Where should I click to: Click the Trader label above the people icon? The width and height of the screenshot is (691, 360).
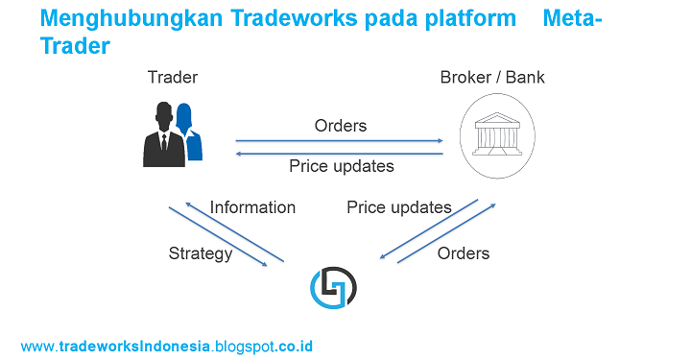click(172, 77)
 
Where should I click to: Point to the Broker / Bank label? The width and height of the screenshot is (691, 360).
click(491, 77)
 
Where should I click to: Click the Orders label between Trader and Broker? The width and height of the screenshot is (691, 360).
click(341, 126)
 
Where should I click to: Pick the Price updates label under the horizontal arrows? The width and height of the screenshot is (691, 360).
click(341, 166)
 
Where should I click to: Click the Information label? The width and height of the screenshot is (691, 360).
click(252, 207)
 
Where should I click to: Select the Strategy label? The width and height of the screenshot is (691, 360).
click(200, 253)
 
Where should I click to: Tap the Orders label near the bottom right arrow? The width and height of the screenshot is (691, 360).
click(464, 253)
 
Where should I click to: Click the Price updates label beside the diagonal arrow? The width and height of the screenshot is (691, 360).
click(398, 207)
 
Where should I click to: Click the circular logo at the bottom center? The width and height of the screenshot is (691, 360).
click(333, 285)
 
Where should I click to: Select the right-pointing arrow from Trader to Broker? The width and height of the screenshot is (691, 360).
click(339, 140)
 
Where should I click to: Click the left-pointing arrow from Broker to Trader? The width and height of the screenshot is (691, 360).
click(339, 153)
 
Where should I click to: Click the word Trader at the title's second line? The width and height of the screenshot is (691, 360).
click(75, 45)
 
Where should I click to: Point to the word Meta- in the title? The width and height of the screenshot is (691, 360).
click(572, 19)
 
